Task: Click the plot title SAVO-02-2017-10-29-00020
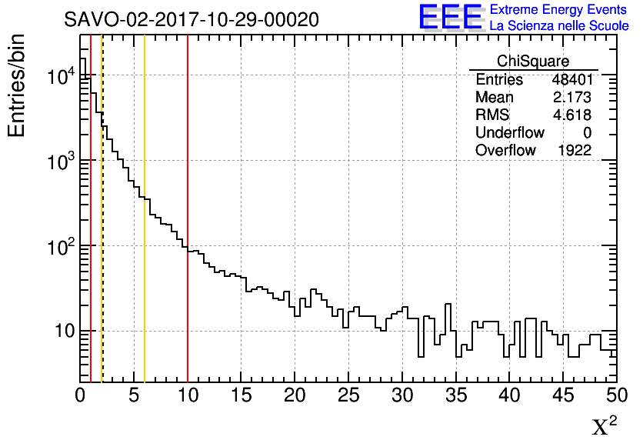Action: (192, 20)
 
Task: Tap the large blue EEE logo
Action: (450, 17)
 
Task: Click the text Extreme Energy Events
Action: (558, 10)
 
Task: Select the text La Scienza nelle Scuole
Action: (558, 26)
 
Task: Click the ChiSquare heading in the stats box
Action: (533, 62)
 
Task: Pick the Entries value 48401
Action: (571, 80)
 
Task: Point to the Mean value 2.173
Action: (571, 98)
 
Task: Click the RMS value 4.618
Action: (571, 115)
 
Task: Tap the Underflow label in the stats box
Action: (509, 133)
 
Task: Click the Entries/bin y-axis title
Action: (17, 85)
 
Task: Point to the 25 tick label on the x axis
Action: (349, 395)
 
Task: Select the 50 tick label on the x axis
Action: (616, 395)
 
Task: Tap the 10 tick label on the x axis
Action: (188, 395)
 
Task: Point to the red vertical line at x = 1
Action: (91, 231)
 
